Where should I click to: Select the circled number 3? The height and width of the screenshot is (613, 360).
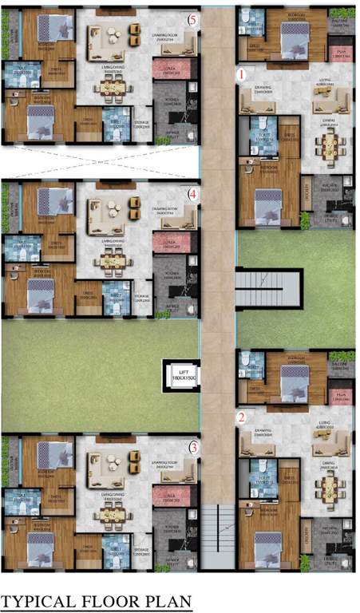tap(193, 448)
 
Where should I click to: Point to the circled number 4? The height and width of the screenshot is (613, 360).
tap(192, 193)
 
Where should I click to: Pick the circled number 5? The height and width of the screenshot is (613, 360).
tap(192, 18)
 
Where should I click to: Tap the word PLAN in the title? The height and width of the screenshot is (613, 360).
tap(165, 600)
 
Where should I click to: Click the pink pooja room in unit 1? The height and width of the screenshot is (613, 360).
tap(342, 53)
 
